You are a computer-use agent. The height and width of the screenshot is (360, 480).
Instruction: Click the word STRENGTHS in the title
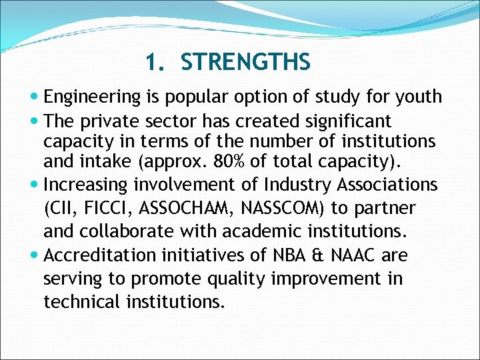[245, 63]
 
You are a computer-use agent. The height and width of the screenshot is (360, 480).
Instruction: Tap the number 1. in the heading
[155, 63]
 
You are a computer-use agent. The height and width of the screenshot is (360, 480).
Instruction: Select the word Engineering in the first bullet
[92, 97]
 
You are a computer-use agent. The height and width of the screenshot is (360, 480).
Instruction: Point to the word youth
[417, 97]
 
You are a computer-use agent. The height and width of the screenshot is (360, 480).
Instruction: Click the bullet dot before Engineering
[35, 97]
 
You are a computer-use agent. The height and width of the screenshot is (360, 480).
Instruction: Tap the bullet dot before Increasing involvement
[35, 184]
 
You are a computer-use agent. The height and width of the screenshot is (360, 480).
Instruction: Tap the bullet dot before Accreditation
[35, 255]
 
